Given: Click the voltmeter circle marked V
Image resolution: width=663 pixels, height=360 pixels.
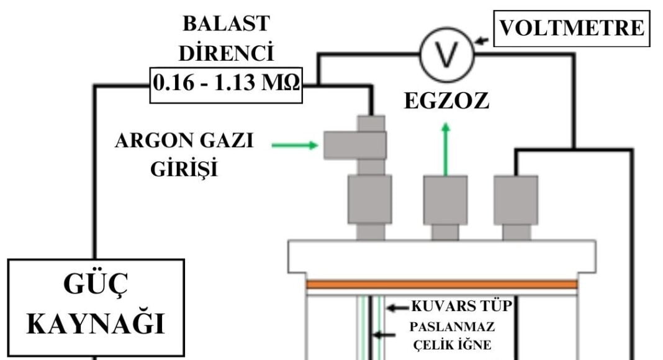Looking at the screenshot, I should (447, 55).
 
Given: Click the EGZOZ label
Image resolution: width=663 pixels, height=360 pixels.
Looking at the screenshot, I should (446, 101).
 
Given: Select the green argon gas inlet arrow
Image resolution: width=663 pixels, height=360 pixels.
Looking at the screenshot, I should (295, 145).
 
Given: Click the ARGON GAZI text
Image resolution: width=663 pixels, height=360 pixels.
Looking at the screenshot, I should (184, 142).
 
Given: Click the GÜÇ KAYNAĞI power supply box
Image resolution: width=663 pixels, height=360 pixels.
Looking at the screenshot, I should (97, 307).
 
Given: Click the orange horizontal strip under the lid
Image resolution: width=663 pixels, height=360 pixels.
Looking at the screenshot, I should (441, 284).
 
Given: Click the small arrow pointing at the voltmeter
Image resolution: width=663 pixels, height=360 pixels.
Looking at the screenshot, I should (482, 41).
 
